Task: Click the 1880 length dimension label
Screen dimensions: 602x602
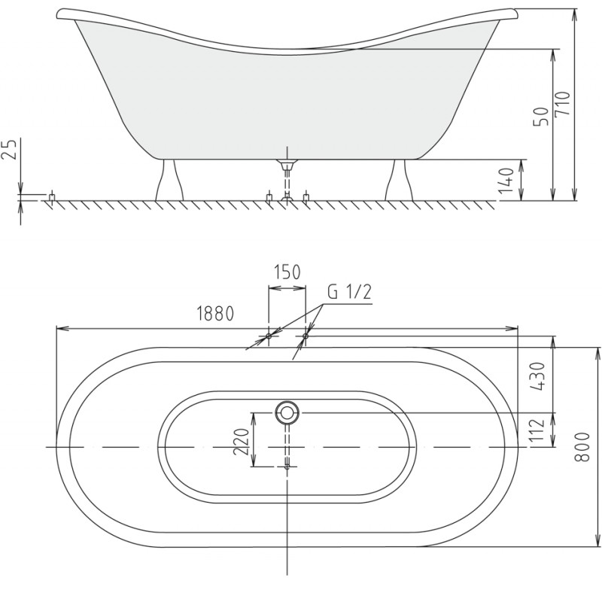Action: tap(215, 314)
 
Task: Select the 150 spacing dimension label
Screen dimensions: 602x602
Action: tap(287, 272)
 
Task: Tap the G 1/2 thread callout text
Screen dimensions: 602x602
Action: tap(349, 293)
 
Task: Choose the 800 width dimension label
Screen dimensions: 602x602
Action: tap(582, 447)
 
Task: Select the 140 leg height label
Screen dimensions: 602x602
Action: tap(506, 180)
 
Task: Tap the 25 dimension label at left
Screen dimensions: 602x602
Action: tap(11, 149)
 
